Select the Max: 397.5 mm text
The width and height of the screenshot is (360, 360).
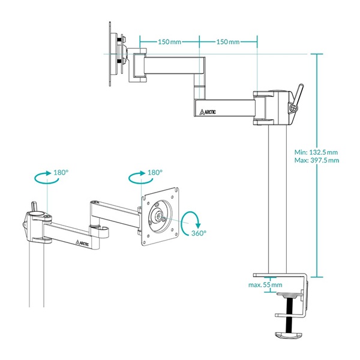tap(317, 160)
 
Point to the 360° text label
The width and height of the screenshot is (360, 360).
tap(199, 233)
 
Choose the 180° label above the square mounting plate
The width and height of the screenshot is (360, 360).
tap(155, 172)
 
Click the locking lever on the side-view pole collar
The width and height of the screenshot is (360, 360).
tap(299, 95)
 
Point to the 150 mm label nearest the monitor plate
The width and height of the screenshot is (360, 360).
tap(170, 42)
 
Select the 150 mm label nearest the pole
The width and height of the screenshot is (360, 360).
tap(227, 42)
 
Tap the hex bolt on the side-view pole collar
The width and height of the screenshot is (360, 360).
tap(293, 108)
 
